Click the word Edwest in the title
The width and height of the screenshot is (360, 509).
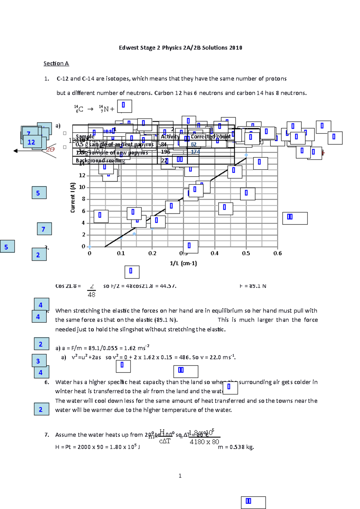tap(128, 48)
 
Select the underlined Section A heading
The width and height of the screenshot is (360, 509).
tap(56, 64)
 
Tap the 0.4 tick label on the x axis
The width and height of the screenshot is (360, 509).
tap(214, 254)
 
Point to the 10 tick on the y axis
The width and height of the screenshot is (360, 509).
tap(82, 187)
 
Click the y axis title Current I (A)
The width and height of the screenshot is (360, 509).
tap(73, 198)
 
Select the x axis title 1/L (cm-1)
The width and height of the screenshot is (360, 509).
tap(183, 263)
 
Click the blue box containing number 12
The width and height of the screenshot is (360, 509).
tap(31, 142)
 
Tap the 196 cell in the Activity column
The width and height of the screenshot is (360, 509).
tap(165, 152)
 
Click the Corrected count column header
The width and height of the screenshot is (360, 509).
tap(211, 137)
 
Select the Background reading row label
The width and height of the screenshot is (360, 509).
tap(100, 161)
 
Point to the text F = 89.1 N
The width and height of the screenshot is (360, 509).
tap(253, 286)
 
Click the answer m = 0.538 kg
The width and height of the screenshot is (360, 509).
tap(236, 447)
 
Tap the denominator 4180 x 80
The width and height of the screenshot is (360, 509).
tap(204, 442)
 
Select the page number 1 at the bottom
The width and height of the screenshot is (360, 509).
tap(180, 476)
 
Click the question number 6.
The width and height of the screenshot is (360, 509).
tap(47, 382)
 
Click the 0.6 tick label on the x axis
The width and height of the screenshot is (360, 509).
tap(277, 254)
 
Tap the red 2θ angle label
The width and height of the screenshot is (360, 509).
tap(50, 150)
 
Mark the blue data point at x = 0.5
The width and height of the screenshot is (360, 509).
tap(246, 155)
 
